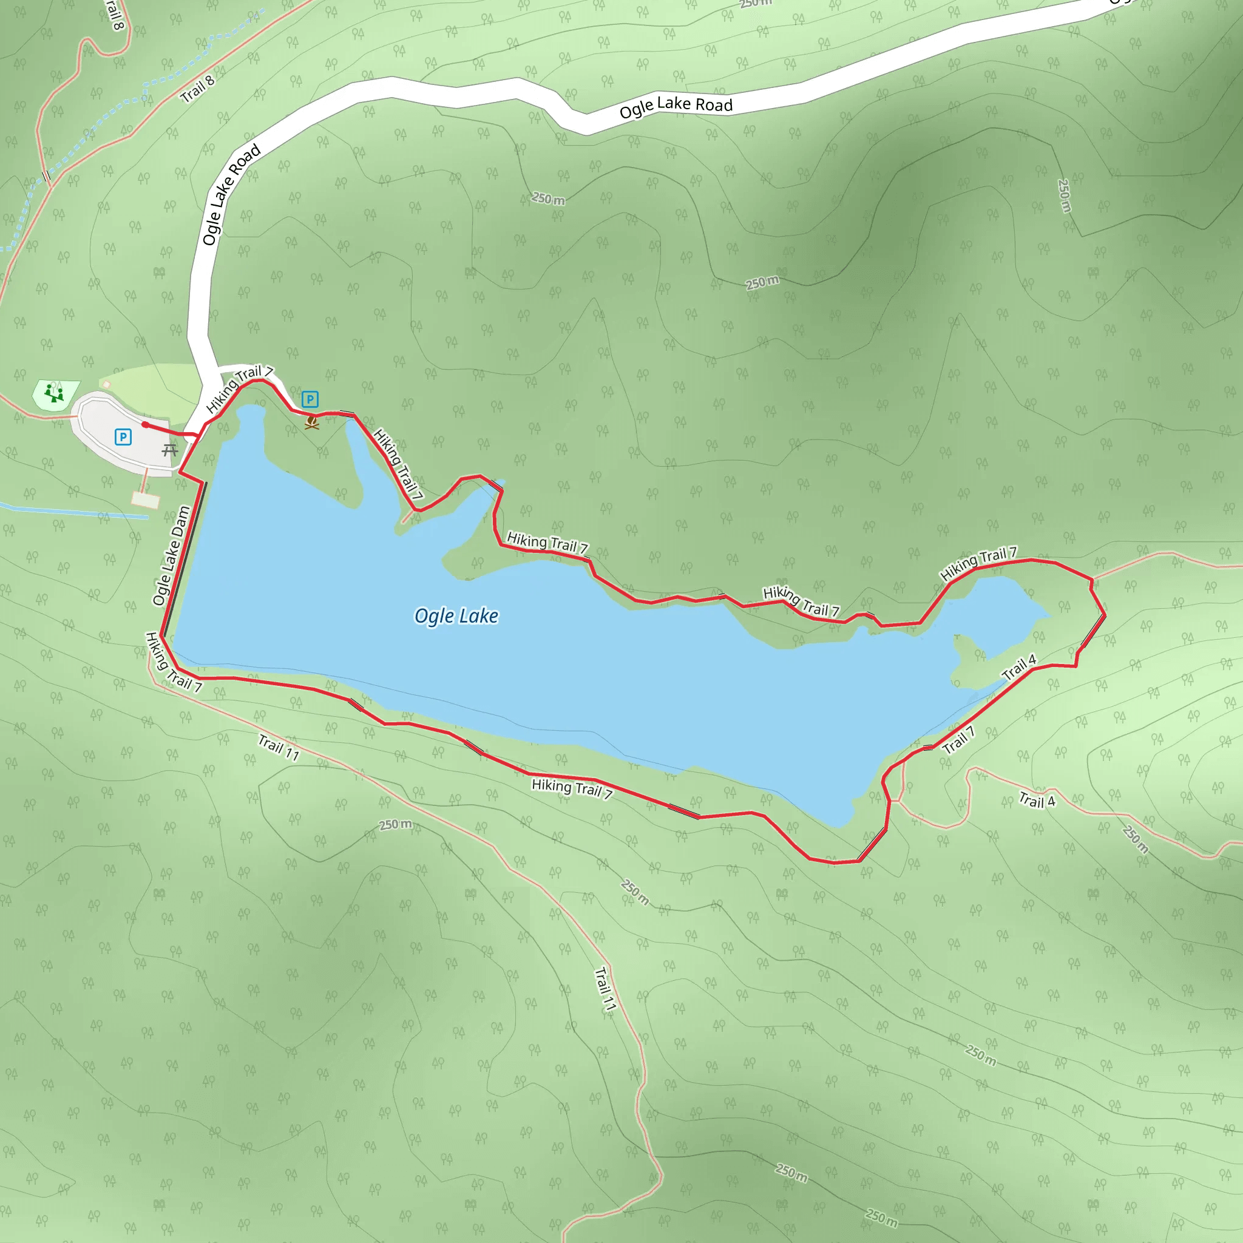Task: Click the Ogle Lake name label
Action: coord(456,617)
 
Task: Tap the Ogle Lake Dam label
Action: coord(171,556)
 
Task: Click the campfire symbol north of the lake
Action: coord(312,422)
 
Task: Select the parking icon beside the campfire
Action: coord(310,399)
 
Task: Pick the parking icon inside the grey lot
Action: coord(123,438)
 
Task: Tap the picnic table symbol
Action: coord(170,450)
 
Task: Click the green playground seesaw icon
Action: coord(55,393)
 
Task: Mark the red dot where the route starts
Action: coord(146,425)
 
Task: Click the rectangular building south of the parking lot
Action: coord(146,500)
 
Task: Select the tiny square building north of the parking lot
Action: coord(106,385)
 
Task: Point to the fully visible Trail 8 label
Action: coord(197,89)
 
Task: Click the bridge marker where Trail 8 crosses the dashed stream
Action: coord(46,175)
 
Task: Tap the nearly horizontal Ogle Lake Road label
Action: coord(676,107)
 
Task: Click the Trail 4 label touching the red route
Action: coord(1019,667)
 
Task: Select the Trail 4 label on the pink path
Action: coord(1037,801)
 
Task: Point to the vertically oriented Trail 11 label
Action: coord(605,989)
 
